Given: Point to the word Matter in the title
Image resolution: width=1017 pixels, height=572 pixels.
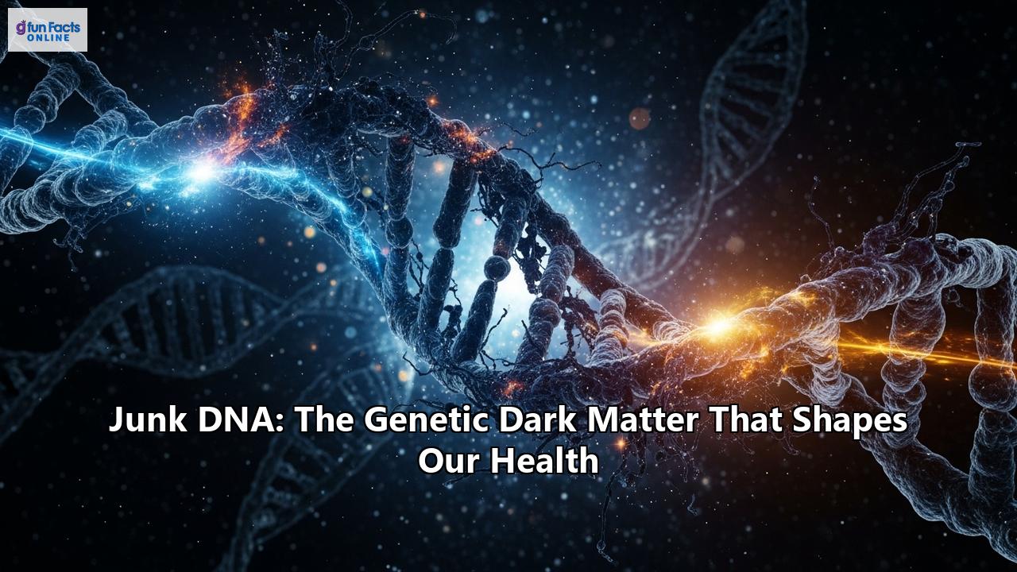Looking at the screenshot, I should (x=641, y=420).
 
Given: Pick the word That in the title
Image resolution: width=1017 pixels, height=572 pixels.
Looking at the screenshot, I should (x=742, y=420).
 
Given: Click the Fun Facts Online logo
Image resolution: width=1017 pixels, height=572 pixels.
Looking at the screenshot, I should (x=48, y=29).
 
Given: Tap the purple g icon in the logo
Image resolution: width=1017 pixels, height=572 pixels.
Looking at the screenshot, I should (x=21, y=28).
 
